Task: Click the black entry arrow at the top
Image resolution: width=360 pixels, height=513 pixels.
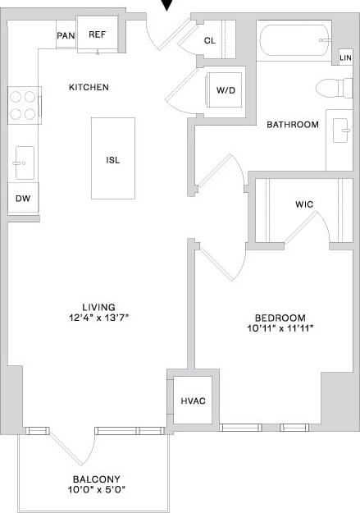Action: click(168, 5)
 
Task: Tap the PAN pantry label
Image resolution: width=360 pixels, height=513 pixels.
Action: click(66, 34)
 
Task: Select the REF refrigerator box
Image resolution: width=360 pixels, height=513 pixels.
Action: click(98, 34)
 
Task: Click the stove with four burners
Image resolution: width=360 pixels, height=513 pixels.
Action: click(24, 105)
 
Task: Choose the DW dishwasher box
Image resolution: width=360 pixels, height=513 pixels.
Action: click(23, 198)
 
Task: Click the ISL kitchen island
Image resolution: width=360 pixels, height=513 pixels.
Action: click(113, 159)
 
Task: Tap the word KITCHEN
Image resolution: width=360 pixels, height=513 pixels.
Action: click(89, 87)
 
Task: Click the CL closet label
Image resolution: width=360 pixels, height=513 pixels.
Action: click(210, 39)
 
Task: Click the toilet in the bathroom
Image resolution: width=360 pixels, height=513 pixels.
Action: click(333, 88)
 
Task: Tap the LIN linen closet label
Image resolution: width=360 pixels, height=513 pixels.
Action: click(346, 58)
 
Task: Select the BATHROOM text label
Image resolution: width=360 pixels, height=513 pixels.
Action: click(293, 125)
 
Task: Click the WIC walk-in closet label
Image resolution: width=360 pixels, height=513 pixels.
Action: click(303, 204)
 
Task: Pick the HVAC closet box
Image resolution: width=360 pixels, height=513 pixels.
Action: click(194, 401)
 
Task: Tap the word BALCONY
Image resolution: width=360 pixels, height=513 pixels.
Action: click(97, 479)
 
